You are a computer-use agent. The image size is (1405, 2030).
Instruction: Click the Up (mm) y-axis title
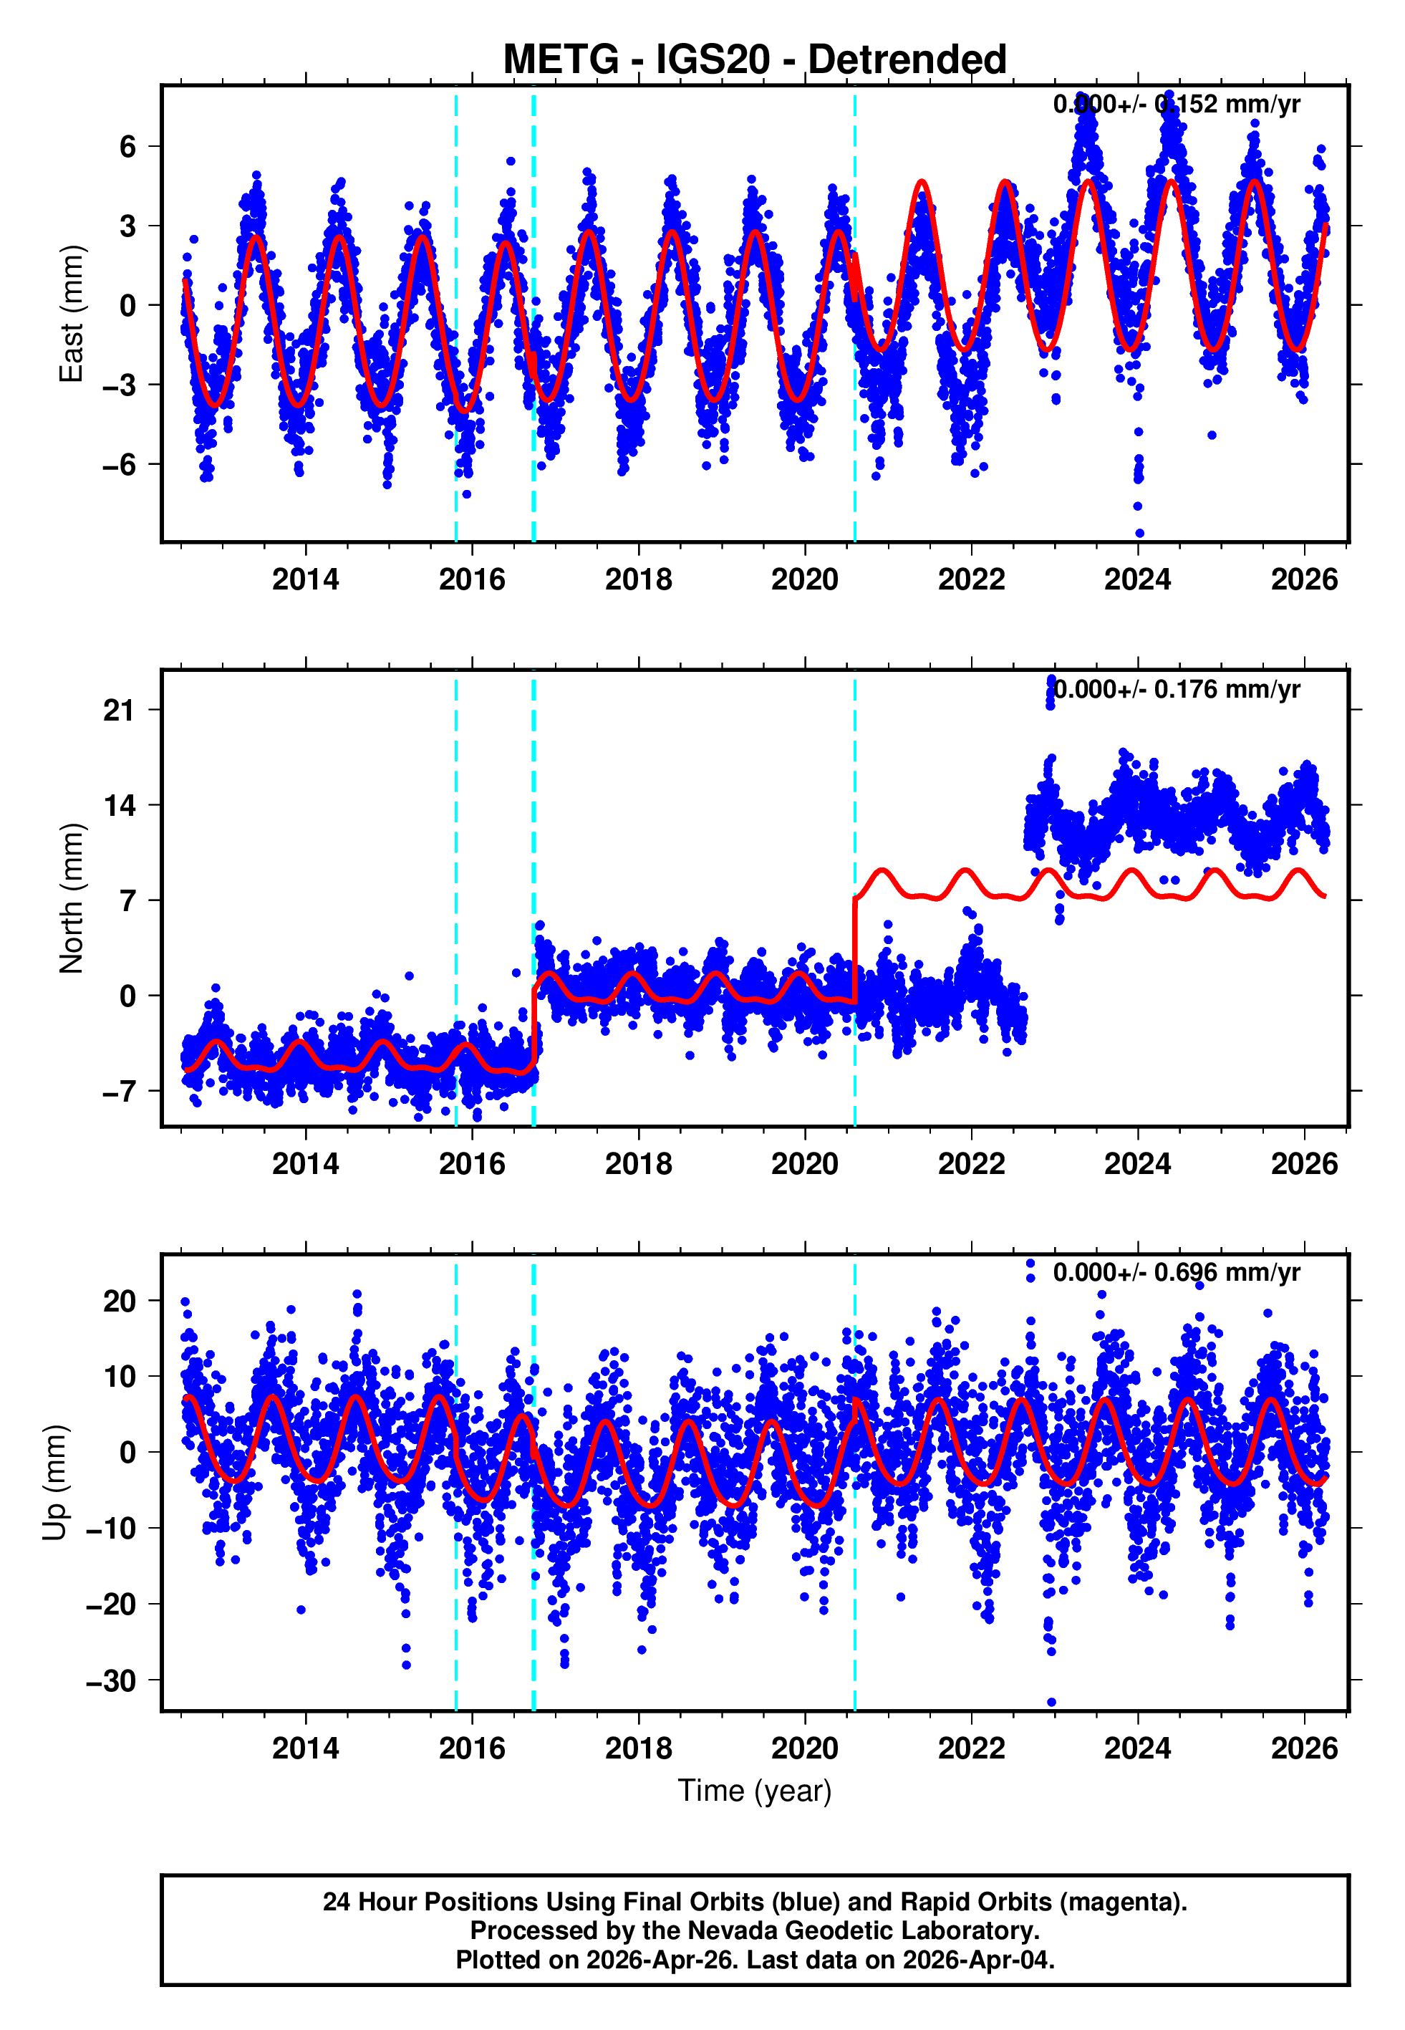pyautogui.click(x=54, y=1481)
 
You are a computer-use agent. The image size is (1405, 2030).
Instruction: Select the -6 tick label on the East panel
pyautogui.click(x=120, y=464)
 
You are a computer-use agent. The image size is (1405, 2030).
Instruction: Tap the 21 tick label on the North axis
pyautogui.click(x=120, y=710)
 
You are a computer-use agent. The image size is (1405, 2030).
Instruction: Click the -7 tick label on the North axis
pyautogui.click(x=120, y=1092)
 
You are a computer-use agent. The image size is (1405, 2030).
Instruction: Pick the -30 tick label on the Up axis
pyautogui.click(x=112, y=1680)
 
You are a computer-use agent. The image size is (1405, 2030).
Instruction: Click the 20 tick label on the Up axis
pyautogui.click(x=120, y=1301)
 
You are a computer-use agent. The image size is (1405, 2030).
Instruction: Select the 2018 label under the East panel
pyautogui.click(x=638, y=579)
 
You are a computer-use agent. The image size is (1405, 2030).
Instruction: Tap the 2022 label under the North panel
pyautogui.click(x=971, y=1164)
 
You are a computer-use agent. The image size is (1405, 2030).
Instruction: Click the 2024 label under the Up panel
pyautogui.click(x=1137, y=1748)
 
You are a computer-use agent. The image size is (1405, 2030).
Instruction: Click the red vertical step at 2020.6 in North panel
pyautogui.click(x=855, y=951)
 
